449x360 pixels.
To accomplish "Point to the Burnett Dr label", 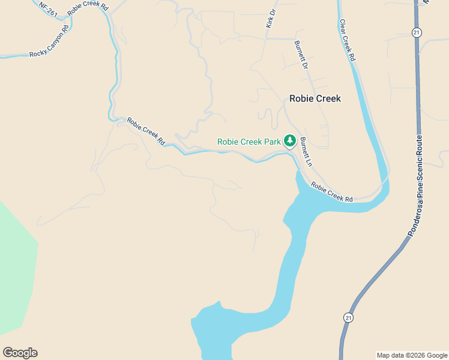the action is tap(301, 55).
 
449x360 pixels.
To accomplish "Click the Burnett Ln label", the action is tap(306, 152).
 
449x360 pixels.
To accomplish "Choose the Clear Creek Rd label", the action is tap(348, 41).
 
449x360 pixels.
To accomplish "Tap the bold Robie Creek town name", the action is tap(315, 98).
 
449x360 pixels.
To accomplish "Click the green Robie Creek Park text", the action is tap(249, 142).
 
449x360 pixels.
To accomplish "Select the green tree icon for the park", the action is tap(290, 141).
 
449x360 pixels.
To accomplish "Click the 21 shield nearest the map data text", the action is tap(349, 317).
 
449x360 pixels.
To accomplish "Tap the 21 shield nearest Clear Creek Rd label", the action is tap(416, 32).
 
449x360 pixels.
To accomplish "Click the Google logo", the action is tap(20, 353).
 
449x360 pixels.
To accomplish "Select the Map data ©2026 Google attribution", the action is tap(412, 355).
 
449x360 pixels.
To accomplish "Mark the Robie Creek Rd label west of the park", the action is tap(146, 131).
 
